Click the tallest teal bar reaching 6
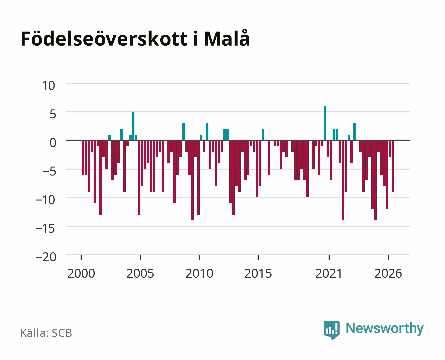click(x=325, y=123)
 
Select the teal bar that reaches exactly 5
click(x=133, y=126)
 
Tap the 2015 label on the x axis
click(x=258, y=273)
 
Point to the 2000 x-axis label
click(x=81, y=273)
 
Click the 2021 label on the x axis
click(x=329, y=273)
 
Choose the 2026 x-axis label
click(x=388, y=273)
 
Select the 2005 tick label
click(x=140, y=273)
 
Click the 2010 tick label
click(x=199, y=273)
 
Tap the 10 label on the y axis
click(x=49, y=86)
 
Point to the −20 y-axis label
click(x=46, y=257)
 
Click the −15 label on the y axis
click(x=46, y=229)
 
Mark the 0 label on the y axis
click(x=53, y=143)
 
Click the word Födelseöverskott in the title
click(x=104, y=38)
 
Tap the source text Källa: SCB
click(x=46, y=333)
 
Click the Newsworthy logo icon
click(x=331, y=330)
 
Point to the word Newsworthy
click(x=385, y=329)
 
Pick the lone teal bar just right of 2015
click(x=263, y=135)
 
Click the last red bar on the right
click(x=393, y=166)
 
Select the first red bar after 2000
click(x=83, y=157)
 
